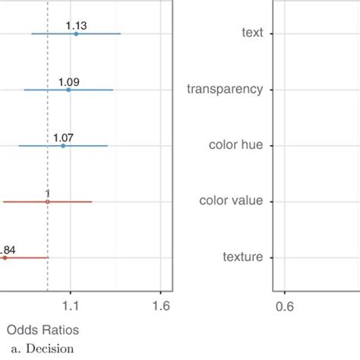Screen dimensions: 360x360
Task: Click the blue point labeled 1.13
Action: pyautogui.click(x=76, y=33)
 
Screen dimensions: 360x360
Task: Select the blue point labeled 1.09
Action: pyautogui.click(x=68, y=90)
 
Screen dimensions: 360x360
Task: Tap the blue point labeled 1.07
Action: pyautogui.click(x=63, y=145)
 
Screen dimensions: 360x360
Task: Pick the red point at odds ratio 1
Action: pyautogui.click(x=48, y=201)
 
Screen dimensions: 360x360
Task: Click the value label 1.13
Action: pyautogui.click(x=76, y=25)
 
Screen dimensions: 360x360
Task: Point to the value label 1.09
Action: pyautogui.click(x=68, y=81)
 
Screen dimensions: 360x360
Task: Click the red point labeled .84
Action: pyautogui.click(x=5, y=257)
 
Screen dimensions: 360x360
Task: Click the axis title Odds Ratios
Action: pyautogui.click(x=43, y=330)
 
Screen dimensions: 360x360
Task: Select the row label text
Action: pyautogui.click(x=251, y=33)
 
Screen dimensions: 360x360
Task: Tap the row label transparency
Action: pyautogui.click(x=225, y=89)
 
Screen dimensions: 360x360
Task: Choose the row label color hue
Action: pyautogui.click(x=235, y=145)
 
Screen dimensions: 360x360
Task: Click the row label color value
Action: pyautogui.click(x=231, y=201)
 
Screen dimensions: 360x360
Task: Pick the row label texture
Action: pyautogui.click(x=242, y=257)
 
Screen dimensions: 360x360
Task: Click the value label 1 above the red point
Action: pyautogui.click(x=48, y=194)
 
